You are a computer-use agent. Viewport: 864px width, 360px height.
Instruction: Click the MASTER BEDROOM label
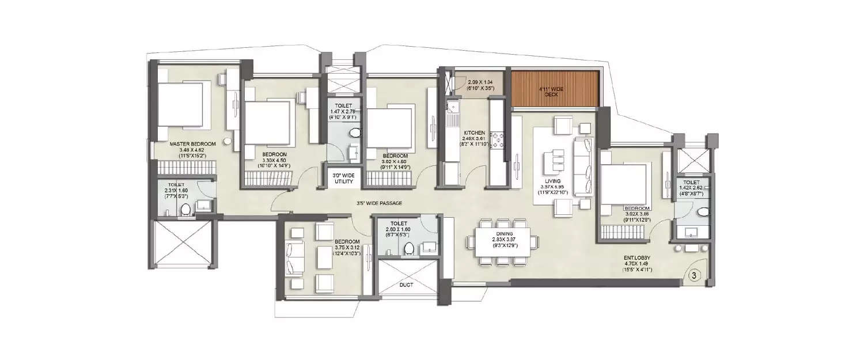(192, 143)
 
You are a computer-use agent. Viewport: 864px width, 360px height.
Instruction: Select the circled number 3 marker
(694, 275)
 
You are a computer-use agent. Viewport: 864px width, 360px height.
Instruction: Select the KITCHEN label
(473, 132)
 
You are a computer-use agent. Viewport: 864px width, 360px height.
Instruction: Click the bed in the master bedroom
(179, 104)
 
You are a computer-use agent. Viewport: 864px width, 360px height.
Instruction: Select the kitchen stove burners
(496, 140)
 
